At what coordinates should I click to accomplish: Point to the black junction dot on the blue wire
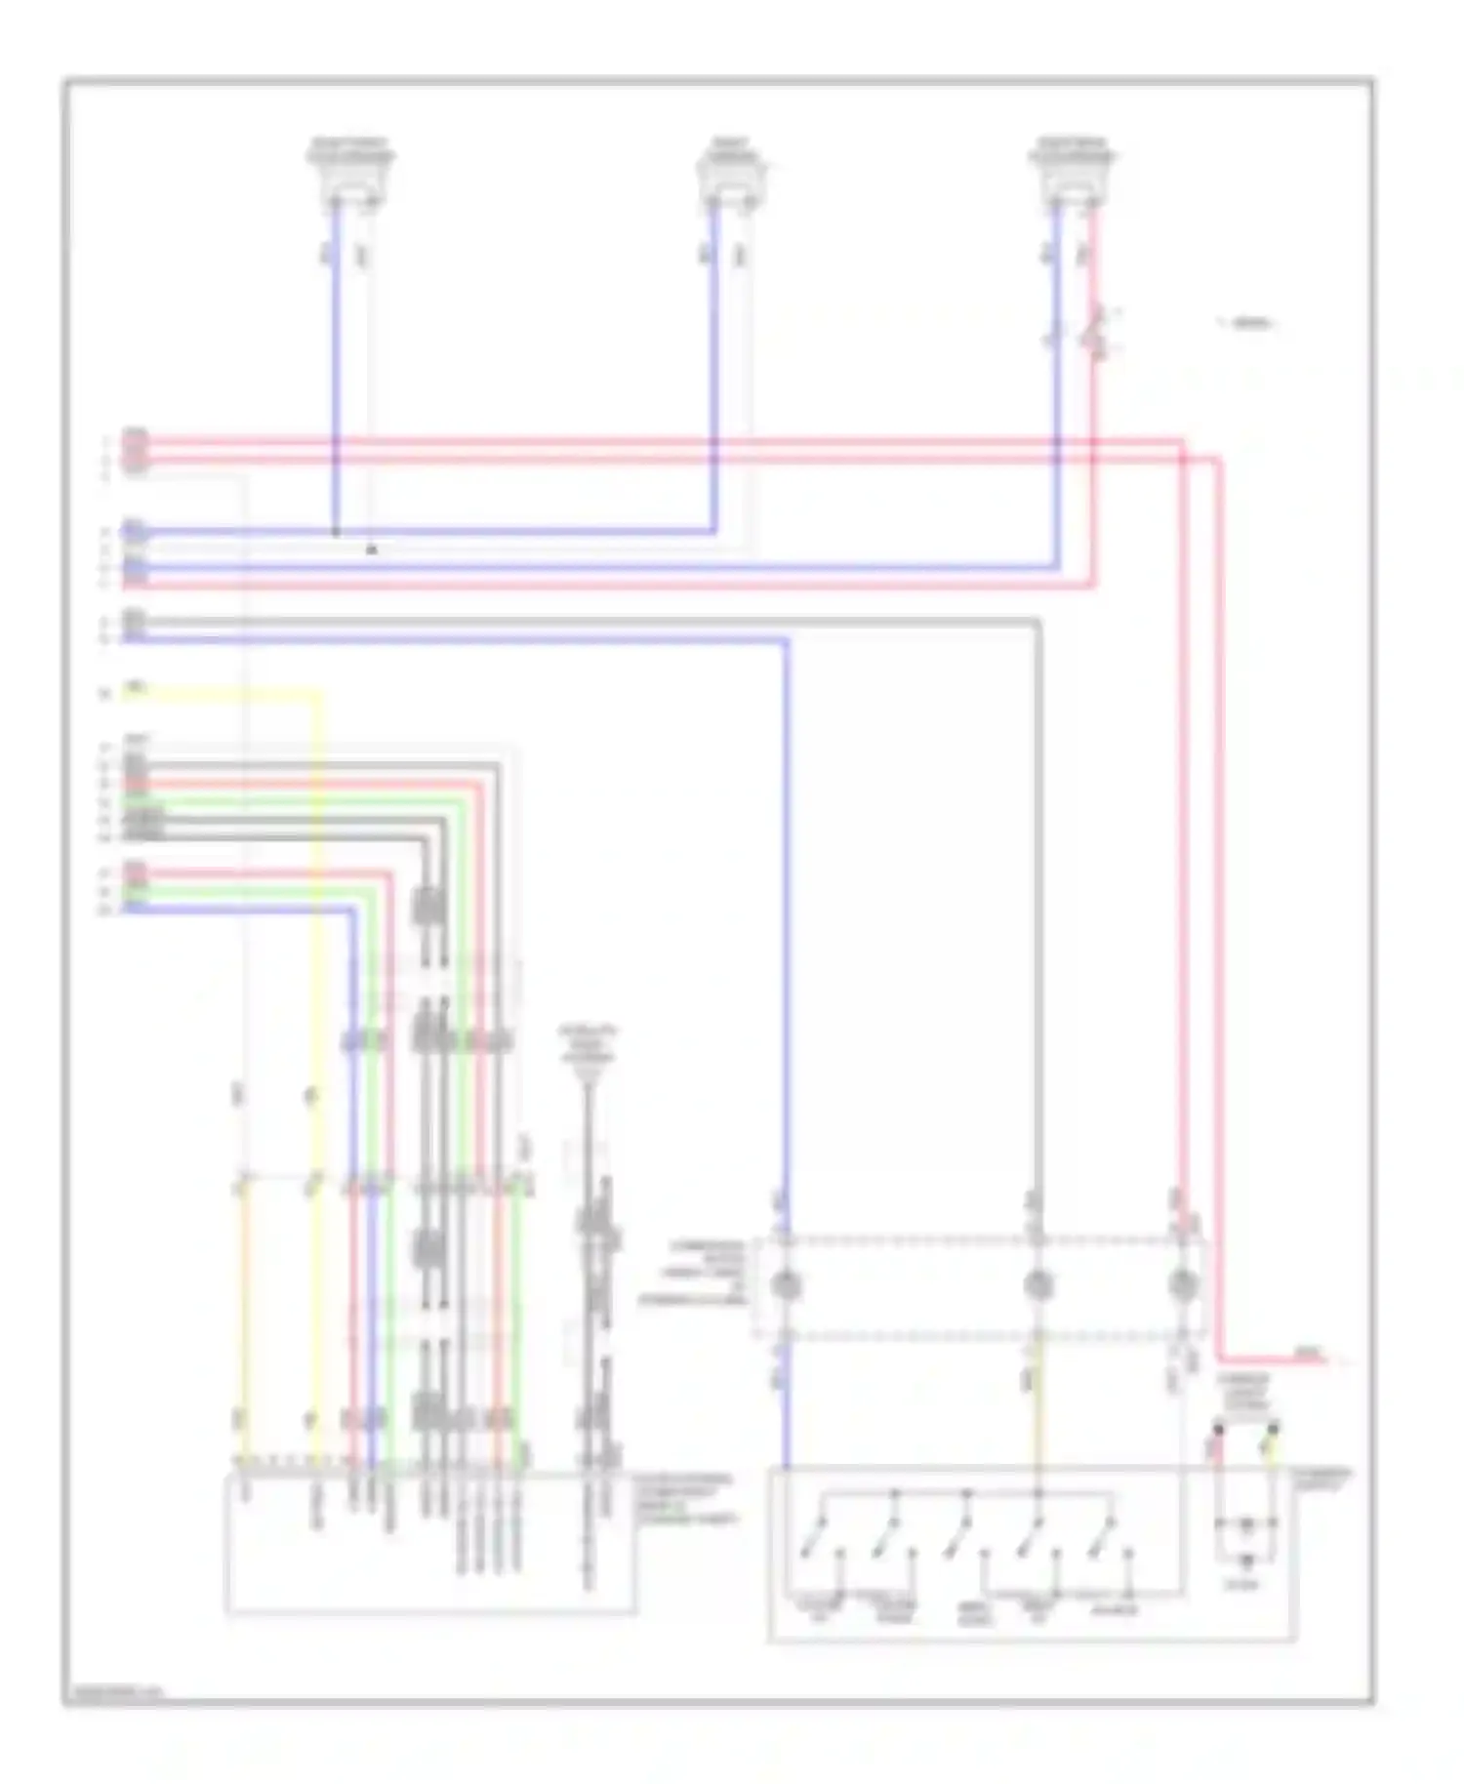pos(336,533)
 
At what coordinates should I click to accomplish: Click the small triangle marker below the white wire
pos(371,550)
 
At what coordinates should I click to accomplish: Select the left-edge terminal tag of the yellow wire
pos(135,691)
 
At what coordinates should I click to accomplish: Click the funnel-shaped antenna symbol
pos(588,1074)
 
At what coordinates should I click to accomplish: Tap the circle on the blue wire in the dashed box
pos(787,1284)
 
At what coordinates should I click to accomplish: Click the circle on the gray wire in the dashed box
pos(1037,1284)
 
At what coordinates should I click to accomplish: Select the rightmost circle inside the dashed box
pos(1182,1284)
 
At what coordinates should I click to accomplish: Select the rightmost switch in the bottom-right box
pos(1103,1542)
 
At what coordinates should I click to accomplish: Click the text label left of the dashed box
pos(695,1274)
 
